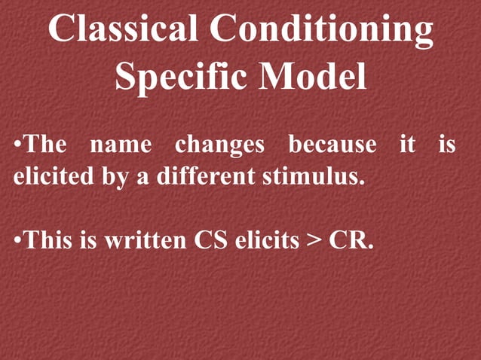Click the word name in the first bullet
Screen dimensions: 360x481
pyautogui.click(x=121, y=143)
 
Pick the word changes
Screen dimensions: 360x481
pyautogui.click(x=219, y=143)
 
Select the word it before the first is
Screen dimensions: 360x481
pyautogui.click(x=407, y=143)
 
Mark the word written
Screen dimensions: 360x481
pyautogui.click(x=146, y=241)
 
